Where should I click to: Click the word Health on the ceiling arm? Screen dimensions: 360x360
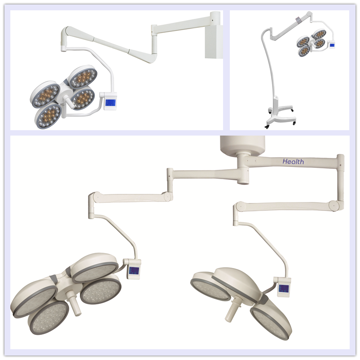click(293, 162)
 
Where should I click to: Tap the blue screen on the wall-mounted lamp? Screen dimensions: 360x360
click(111, 103)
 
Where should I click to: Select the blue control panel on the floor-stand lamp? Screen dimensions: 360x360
click(332, 45)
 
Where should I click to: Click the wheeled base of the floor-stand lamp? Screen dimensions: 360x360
click(281, 116)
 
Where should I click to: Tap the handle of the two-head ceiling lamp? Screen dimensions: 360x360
click(233, 310)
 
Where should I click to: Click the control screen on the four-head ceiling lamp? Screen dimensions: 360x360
click(133, 271)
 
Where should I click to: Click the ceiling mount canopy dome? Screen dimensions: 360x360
click(242, 145)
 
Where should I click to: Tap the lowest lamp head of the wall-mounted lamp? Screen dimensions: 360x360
click(48, 116)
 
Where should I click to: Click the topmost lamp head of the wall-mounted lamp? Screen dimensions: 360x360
click(83, 77)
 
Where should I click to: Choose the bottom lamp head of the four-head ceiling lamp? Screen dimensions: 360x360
click(48, 317)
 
